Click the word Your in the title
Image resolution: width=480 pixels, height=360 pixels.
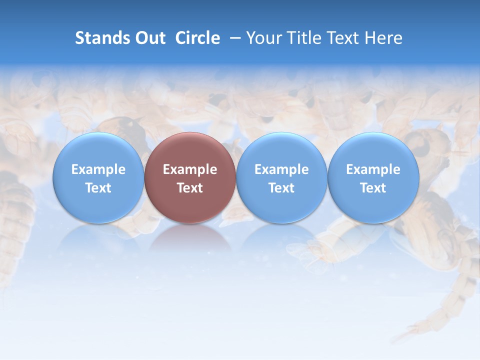(263, 38)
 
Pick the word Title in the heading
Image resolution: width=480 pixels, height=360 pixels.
(301, 38)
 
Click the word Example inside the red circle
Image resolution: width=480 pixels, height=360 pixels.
(190, 169)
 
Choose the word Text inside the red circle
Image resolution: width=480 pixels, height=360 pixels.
(190, 188)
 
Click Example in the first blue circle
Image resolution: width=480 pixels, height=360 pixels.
(98, 169)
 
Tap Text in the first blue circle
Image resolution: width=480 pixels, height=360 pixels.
(98, 188)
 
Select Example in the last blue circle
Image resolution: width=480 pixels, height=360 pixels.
(373, 169)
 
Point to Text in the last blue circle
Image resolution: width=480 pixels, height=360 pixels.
(373, 188)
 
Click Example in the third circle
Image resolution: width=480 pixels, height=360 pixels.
(281, 169)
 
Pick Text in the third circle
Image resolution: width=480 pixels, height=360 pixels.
(281, 188)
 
